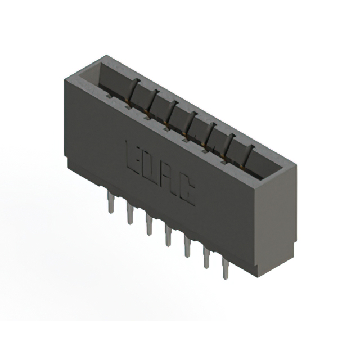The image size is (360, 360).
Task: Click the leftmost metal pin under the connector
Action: (111, 203)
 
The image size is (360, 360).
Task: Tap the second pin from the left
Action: (129, 214)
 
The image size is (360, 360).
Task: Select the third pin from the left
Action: (148, 224)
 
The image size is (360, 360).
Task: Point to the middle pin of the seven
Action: (168, 236)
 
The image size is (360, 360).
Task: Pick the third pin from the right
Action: (187, 246)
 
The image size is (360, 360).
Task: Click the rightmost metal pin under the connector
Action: (225, 268)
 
